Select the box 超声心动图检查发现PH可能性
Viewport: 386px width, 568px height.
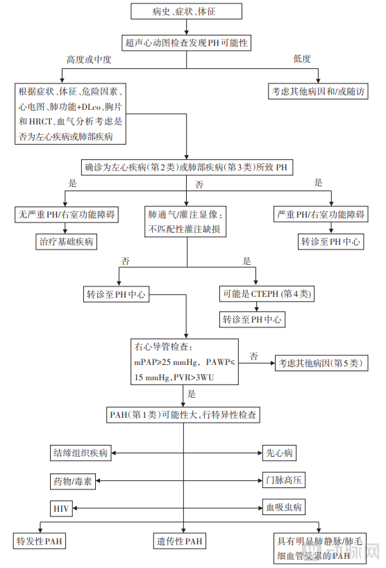tap(187, 42)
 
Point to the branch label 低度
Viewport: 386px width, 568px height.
tap(302, 59)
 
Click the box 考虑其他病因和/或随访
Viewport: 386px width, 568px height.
tap(319, 92)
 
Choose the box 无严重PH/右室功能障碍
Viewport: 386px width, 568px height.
tap(65, 214)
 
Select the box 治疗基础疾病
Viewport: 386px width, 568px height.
tap(65, 242)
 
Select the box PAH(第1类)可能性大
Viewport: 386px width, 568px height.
tap(184, 415)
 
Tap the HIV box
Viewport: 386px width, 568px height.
tap(61, 509)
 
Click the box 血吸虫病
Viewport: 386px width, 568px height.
tap(284, 509)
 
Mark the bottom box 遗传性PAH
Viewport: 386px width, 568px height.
tap(179, 540)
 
